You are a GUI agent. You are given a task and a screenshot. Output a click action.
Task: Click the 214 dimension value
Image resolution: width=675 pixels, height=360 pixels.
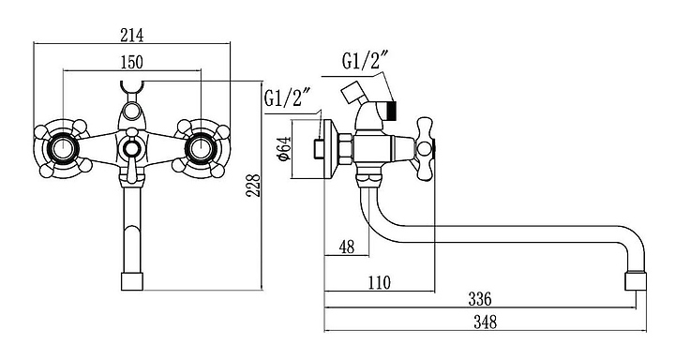tap(132, 36)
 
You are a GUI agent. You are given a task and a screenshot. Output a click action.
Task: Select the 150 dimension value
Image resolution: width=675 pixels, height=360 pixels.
tap(132, 62)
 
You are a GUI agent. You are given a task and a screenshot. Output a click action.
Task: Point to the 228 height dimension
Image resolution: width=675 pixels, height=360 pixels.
tap(253, 186)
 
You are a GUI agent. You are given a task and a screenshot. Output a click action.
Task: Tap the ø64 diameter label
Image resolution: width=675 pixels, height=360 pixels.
tap(285, 148)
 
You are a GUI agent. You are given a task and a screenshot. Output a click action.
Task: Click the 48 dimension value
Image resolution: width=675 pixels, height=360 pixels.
tap(347, 247)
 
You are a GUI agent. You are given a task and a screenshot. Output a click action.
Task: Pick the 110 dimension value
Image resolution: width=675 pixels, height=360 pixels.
tap(380, 283)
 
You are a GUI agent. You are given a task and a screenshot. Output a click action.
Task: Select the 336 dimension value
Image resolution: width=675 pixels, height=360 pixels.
tap(480, 299)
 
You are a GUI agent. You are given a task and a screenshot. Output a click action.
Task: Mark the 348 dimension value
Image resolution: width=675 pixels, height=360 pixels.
tap(486, 322)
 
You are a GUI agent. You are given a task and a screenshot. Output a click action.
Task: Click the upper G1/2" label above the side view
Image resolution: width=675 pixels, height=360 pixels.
tap(366, 60)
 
